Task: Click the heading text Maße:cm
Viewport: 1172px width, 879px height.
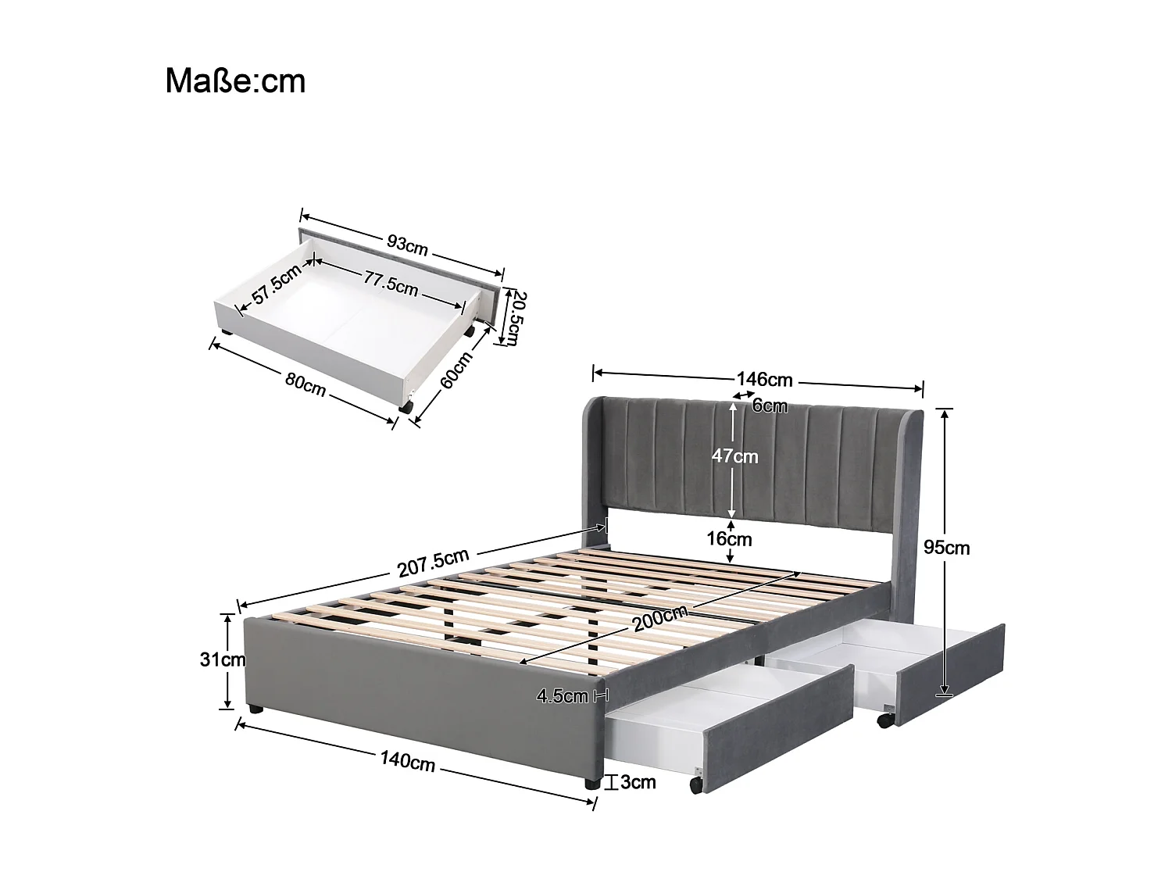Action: [235, 81]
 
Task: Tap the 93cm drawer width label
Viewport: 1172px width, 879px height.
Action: [407, 244]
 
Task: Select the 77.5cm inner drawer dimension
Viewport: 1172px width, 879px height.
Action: [389, 283]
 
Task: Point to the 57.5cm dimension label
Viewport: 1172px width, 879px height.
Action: [276, 288]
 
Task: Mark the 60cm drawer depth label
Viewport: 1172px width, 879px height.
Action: [456, 370]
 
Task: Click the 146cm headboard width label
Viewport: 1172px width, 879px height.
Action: [764, 381]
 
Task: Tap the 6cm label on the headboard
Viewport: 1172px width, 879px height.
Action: [770, 406]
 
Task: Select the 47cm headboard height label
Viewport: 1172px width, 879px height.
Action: [734, 456]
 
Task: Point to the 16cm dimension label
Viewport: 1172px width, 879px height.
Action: [730, 539]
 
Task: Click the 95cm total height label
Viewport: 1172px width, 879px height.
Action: [946, 548]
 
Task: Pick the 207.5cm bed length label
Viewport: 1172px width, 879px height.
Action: [433, 562]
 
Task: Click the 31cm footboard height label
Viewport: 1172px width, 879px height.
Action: [222, 659]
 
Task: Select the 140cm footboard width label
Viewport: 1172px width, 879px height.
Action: [407, 761]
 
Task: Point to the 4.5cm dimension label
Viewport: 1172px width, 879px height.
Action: [563, 696]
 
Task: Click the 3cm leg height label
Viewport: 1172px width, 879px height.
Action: [638, 782]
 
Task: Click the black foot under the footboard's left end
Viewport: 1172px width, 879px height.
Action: [254, 709]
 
